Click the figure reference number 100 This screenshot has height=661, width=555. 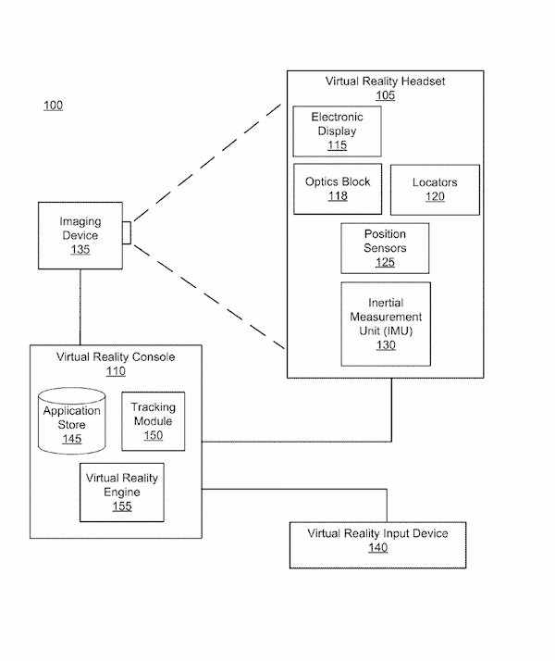[x=54, y=106]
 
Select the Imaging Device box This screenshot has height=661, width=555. [x=80, y=235]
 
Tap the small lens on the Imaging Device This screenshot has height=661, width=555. [x=127, y=234]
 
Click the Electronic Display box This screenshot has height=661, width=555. [x=337, y=131]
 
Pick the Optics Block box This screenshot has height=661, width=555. [x=338, y=189]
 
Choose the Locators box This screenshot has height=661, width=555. [x=435, y=189]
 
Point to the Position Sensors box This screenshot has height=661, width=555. [x=385, y=248]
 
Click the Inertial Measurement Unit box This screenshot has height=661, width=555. [x=385, y=323]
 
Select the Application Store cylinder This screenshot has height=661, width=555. [x=72, y=423]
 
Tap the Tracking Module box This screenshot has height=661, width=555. [x=153, y=421]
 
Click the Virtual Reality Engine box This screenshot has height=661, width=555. [x=122, y=492]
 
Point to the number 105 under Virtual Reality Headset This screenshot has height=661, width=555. [x=385, y=95]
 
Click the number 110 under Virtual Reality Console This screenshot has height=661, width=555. [x=116, y=371]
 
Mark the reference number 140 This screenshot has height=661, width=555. [x=377, y=548]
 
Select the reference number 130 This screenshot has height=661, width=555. [x=385, y=345]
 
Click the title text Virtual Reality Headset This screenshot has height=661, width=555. [x=385, y=81]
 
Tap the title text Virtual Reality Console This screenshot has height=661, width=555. [x=116, y=356]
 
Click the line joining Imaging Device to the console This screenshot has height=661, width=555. [x=80, y=306]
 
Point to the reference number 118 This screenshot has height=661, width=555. [x=338, y=196]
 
